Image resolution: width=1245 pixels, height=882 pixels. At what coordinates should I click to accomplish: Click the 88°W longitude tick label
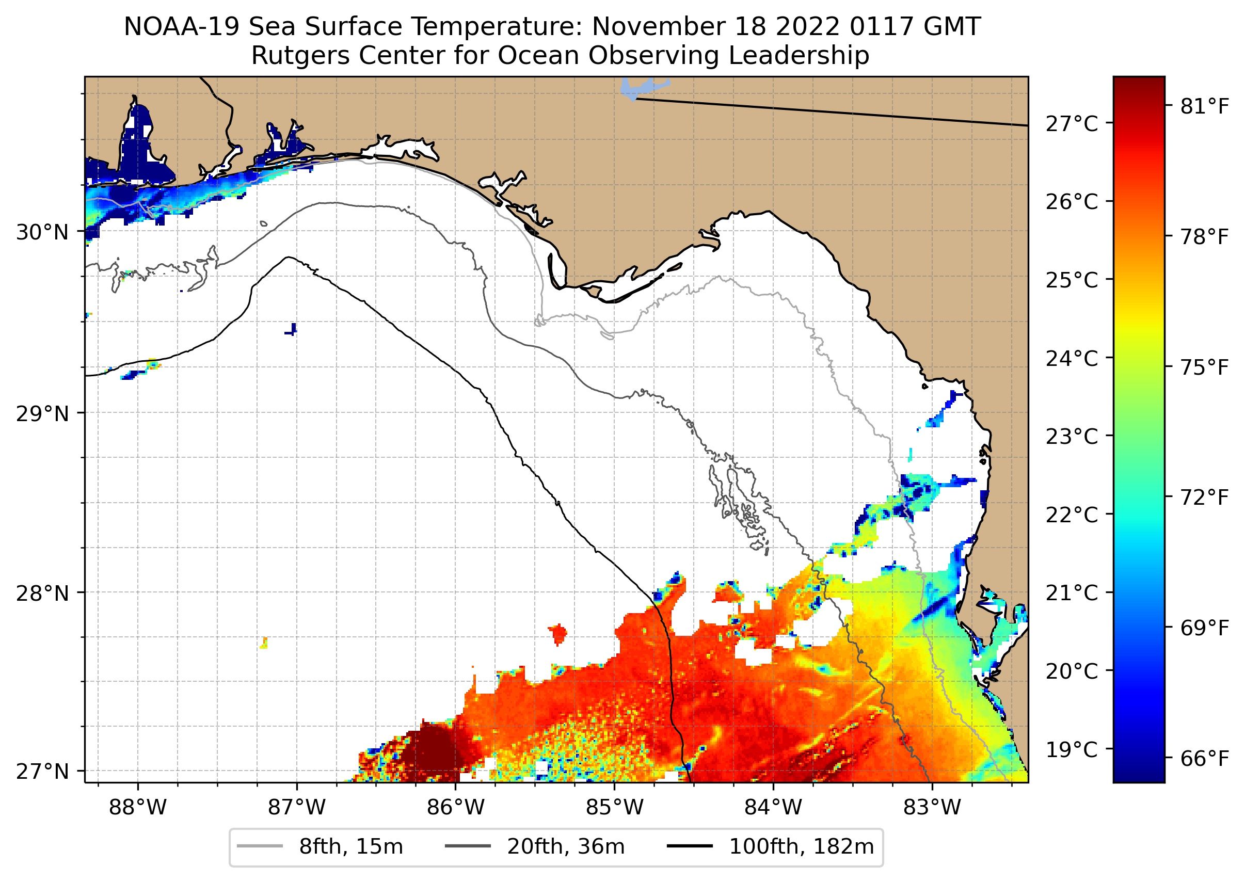coord(137,807)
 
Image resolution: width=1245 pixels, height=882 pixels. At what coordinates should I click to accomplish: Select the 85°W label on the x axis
coord(614,807)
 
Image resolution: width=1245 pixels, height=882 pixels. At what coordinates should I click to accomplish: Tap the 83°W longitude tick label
coord(932,807)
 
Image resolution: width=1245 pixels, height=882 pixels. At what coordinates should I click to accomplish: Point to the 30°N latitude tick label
coord(42,232)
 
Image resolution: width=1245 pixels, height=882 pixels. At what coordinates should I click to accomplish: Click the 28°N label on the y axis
coord(42,593)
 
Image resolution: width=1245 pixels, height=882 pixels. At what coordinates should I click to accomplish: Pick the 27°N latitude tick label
coord(42,771)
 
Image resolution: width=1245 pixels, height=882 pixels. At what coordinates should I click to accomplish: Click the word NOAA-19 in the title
coord(181,27)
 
